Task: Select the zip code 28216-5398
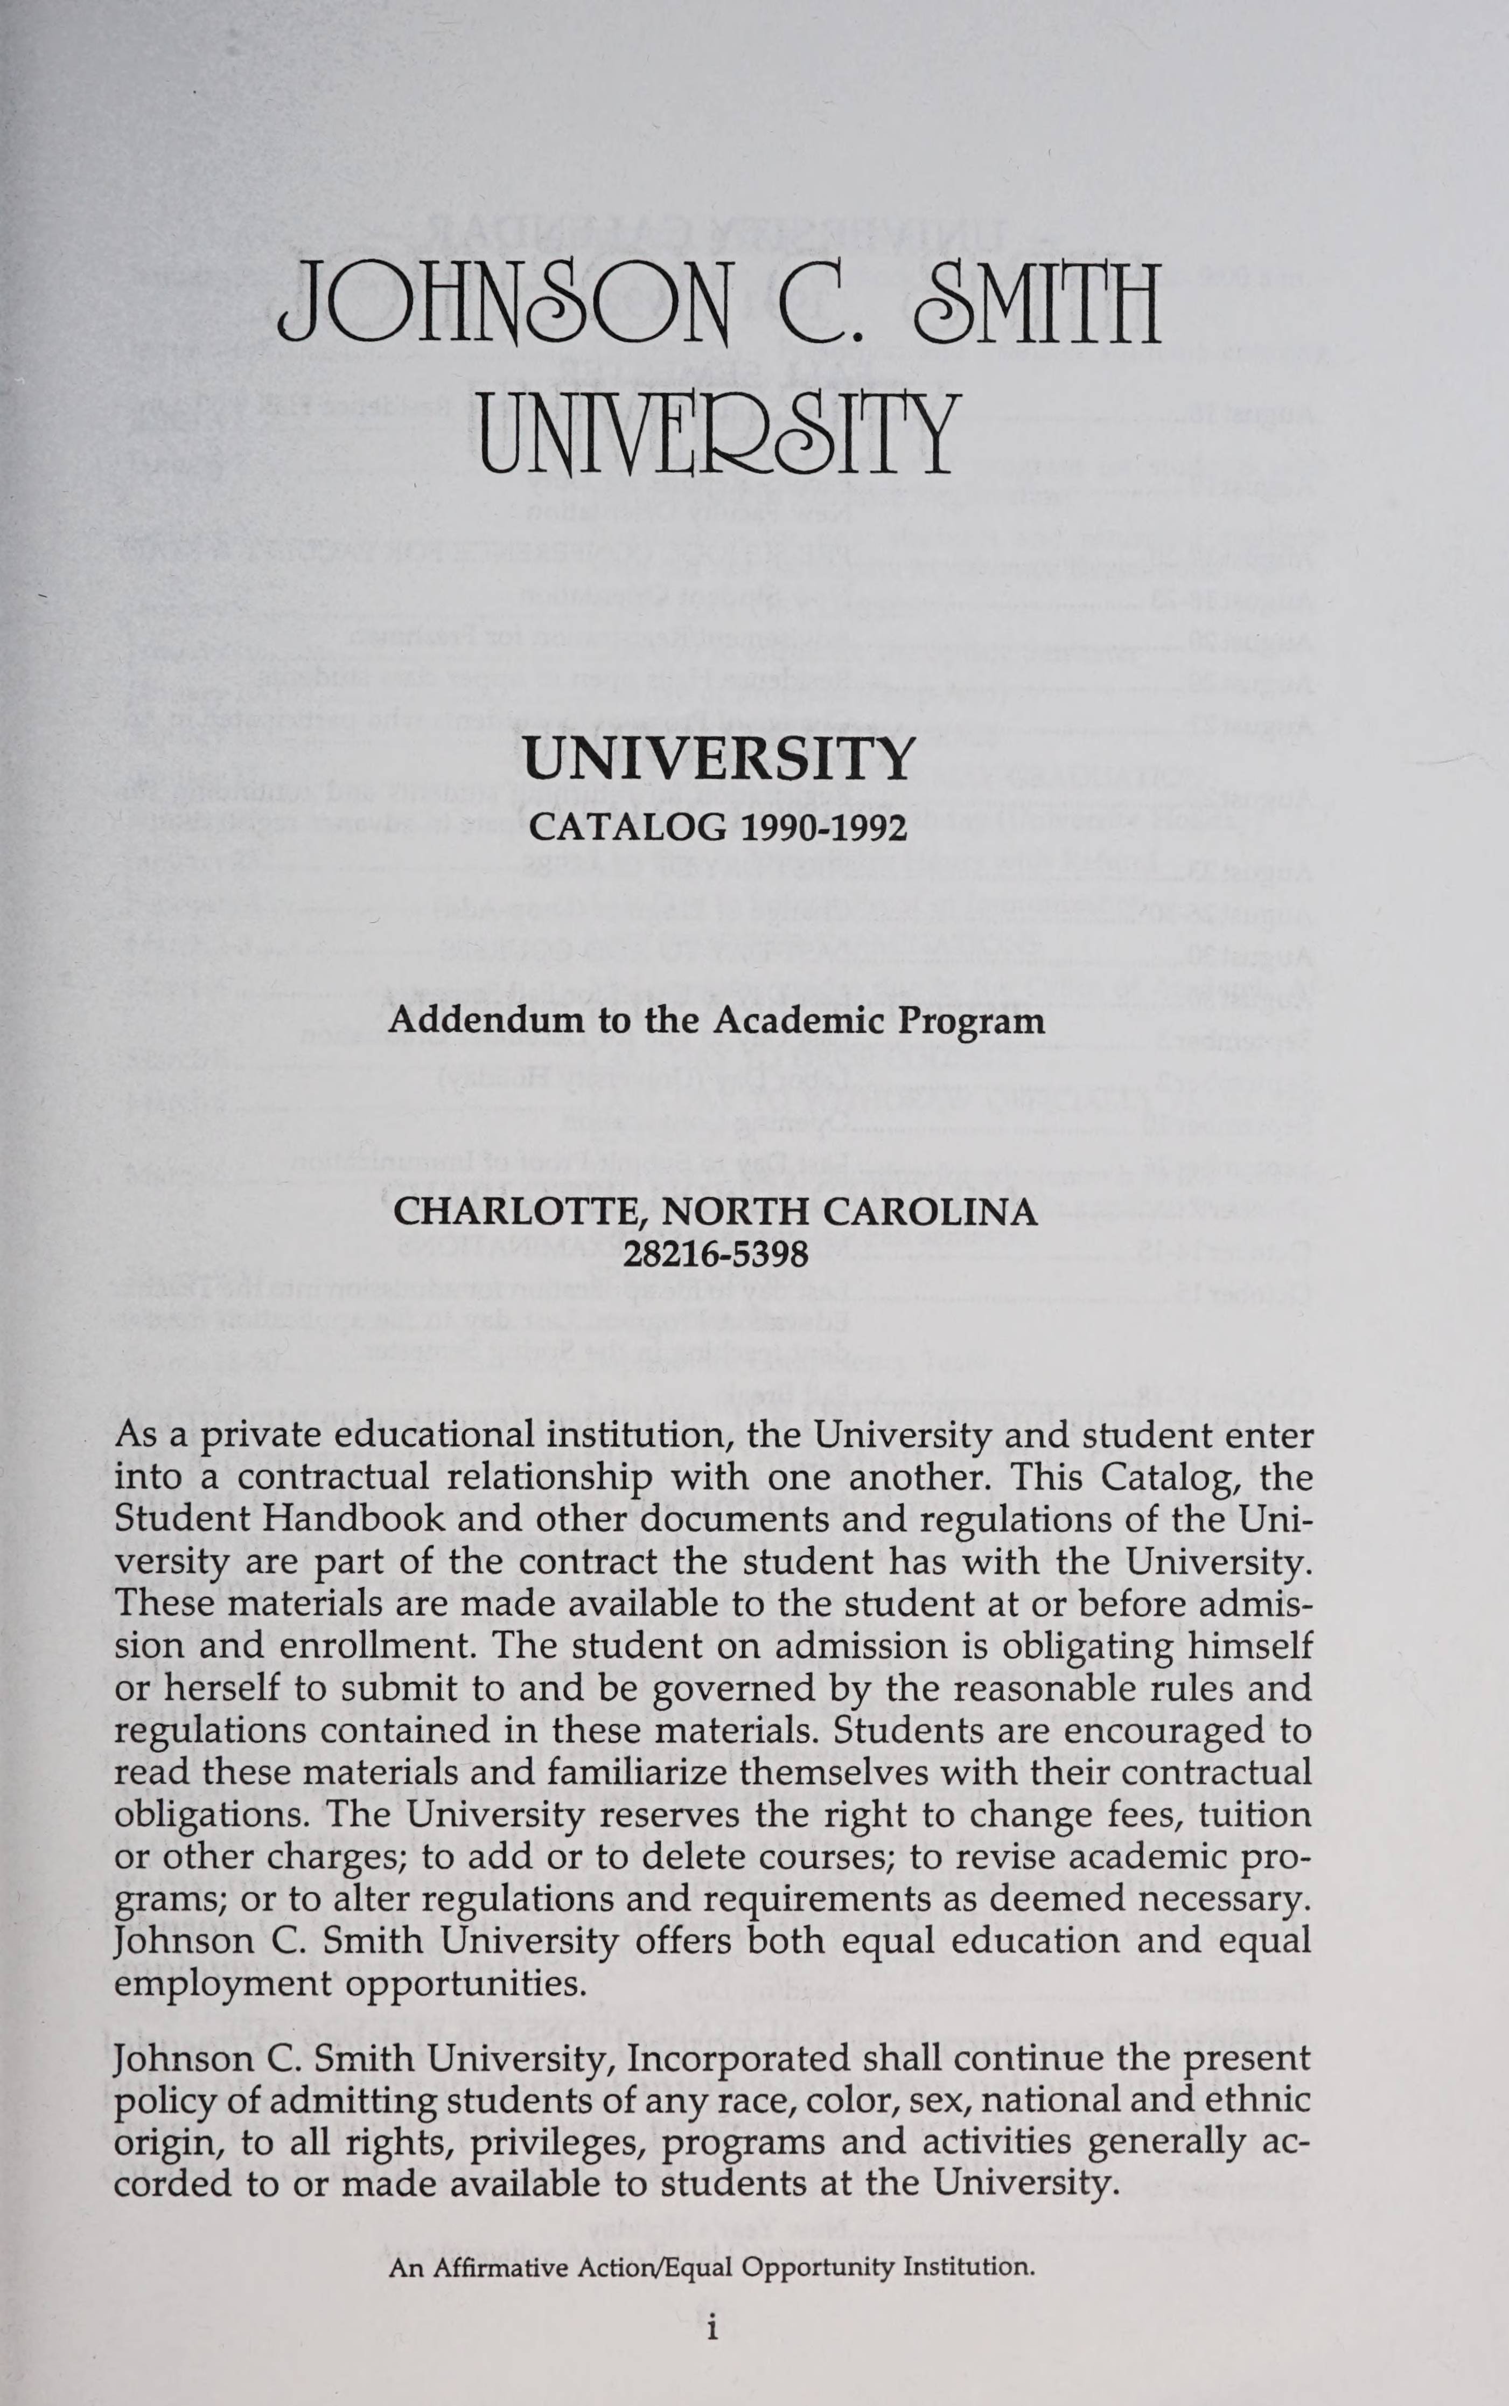click(716, 1254)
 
